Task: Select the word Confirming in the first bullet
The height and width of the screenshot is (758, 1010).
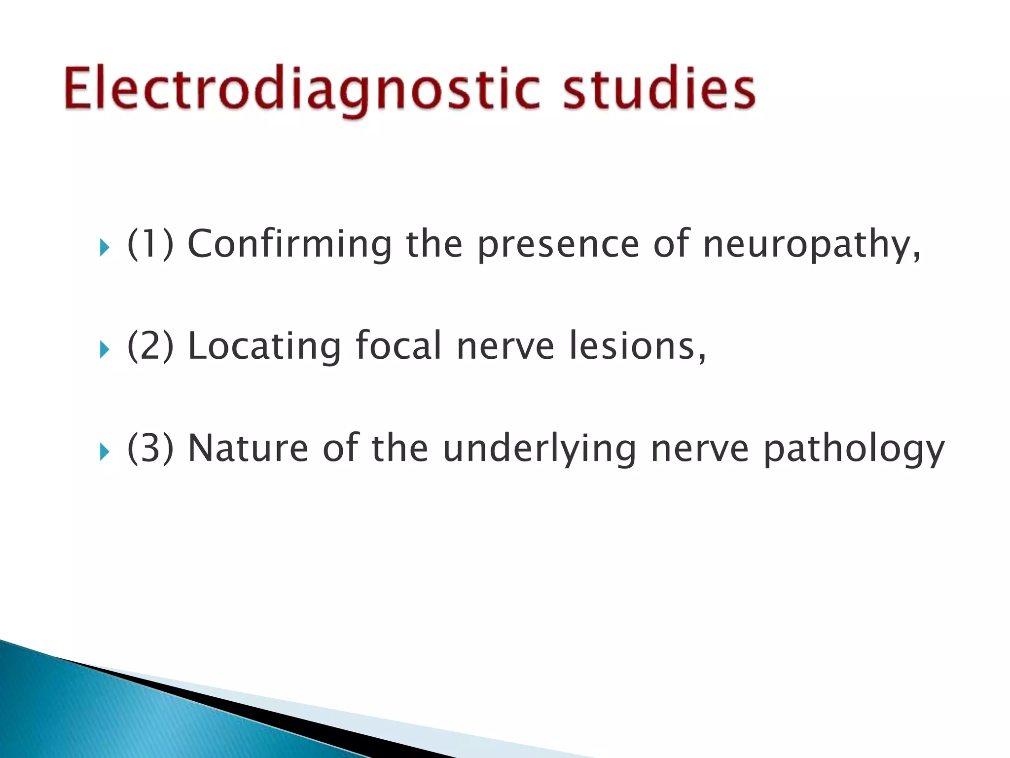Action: [289, 244]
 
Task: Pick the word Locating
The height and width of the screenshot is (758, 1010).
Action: [264, 346]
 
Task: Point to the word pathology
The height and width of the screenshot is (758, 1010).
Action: [854, 449]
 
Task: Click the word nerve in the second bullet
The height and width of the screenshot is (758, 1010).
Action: [505, 346]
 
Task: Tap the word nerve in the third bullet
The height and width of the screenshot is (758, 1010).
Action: [700, 449]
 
